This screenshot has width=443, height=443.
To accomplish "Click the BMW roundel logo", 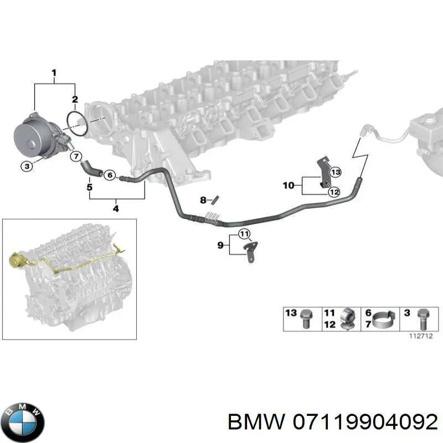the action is tap(22, 423).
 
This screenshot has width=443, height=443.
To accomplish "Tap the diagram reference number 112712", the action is tap(421, 336).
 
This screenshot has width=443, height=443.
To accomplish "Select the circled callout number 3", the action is tap(27, 166).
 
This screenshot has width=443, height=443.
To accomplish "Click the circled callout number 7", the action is tap(76, 156).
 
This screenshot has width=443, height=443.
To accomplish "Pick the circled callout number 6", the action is tap(110, 175).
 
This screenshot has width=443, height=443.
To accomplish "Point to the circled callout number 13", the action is tap(336, 172).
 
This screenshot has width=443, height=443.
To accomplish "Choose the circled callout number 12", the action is tap(334, 192).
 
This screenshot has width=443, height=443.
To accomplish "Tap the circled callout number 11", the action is tap(244, 234).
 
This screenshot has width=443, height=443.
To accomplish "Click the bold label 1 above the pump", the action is tap(54, 73).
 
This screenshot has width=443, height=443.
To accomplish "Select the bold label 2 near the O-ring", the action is tap(75, 100).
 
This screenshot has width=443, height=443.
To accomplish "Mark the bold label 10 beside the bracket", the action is tap(289, 186).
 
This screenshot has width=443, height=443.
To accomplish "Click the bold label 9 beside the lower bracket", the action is tap(220, 245).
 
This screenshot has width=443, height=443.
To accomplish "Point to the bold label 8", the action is tap(203, 200).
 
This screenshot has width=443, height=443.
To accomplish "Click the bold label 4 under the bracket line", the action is tap(116, 209).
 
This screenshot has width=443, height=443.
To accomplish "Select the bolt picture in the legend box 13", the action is tap(306, 318).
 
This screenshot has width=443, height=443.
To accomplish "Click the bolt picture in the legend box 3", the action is tap(423, 320).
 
